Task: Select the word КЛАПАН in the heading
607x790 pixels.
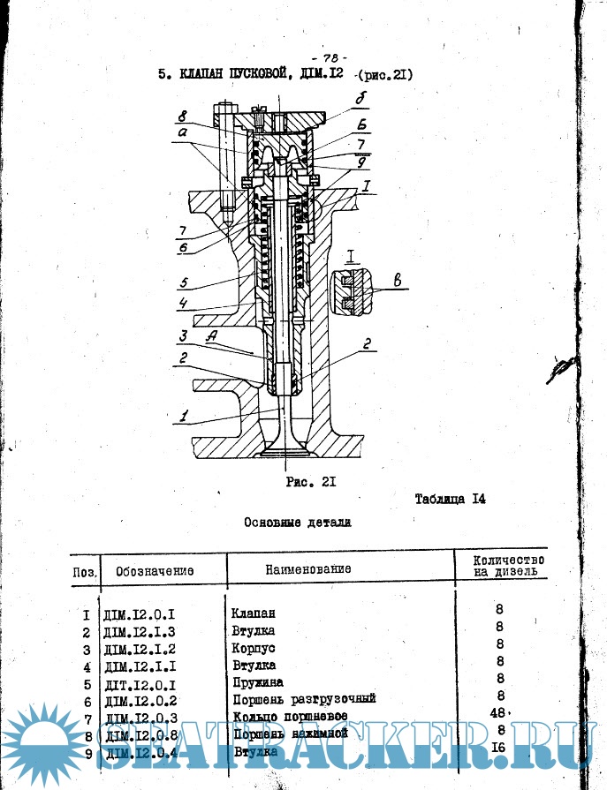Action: coord(209,76)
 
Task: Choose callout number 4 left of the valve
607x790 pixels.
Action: coord(180,305)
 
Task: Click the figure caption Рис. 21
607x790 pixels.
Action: coord(307,482)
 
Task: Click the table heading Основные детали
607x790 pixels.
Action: coord(298,523)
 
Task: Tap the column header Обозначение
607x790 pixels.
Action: coord(155,570)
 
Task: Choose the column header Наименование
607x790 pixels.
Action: coord(307,569)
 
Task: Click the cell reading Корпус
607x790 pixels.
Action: coord(252,648)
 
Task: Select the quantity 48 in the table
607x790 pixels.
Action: coord(497,712)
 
